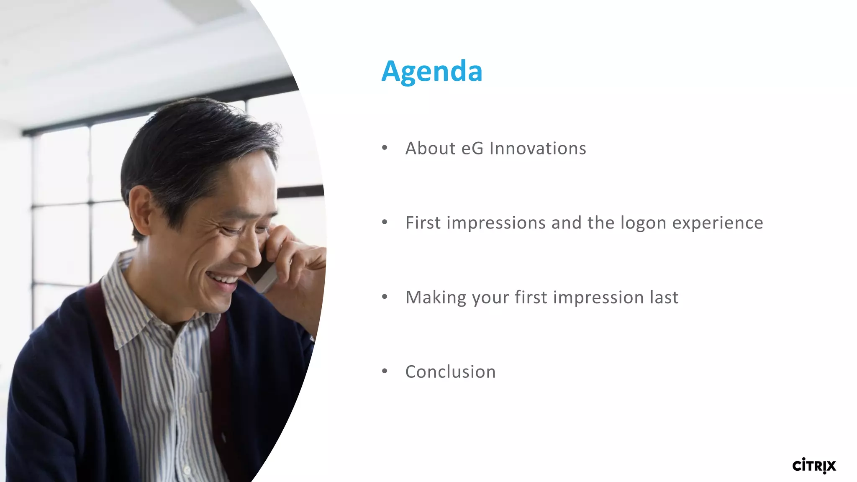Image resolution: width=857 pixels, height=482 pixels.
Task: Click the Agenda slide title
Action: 432,71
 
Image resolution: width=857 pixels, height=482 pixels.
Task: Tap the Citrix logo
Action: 814,466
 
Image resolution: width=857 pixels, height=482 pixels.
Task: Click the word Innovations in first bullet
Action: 538,149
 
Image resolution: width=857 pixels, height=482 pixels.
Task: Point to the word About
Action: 430,149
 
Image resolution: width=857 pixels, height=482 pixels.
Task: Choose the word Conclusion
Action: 450,372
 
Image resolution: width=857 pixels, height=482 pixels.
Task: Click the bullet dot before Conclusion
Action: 385,371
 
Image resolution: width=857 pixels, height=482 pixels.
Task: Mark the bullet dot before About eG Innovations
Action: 385,148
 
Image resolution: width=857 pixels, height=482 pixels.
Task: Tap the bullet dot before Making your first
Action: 385,297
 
